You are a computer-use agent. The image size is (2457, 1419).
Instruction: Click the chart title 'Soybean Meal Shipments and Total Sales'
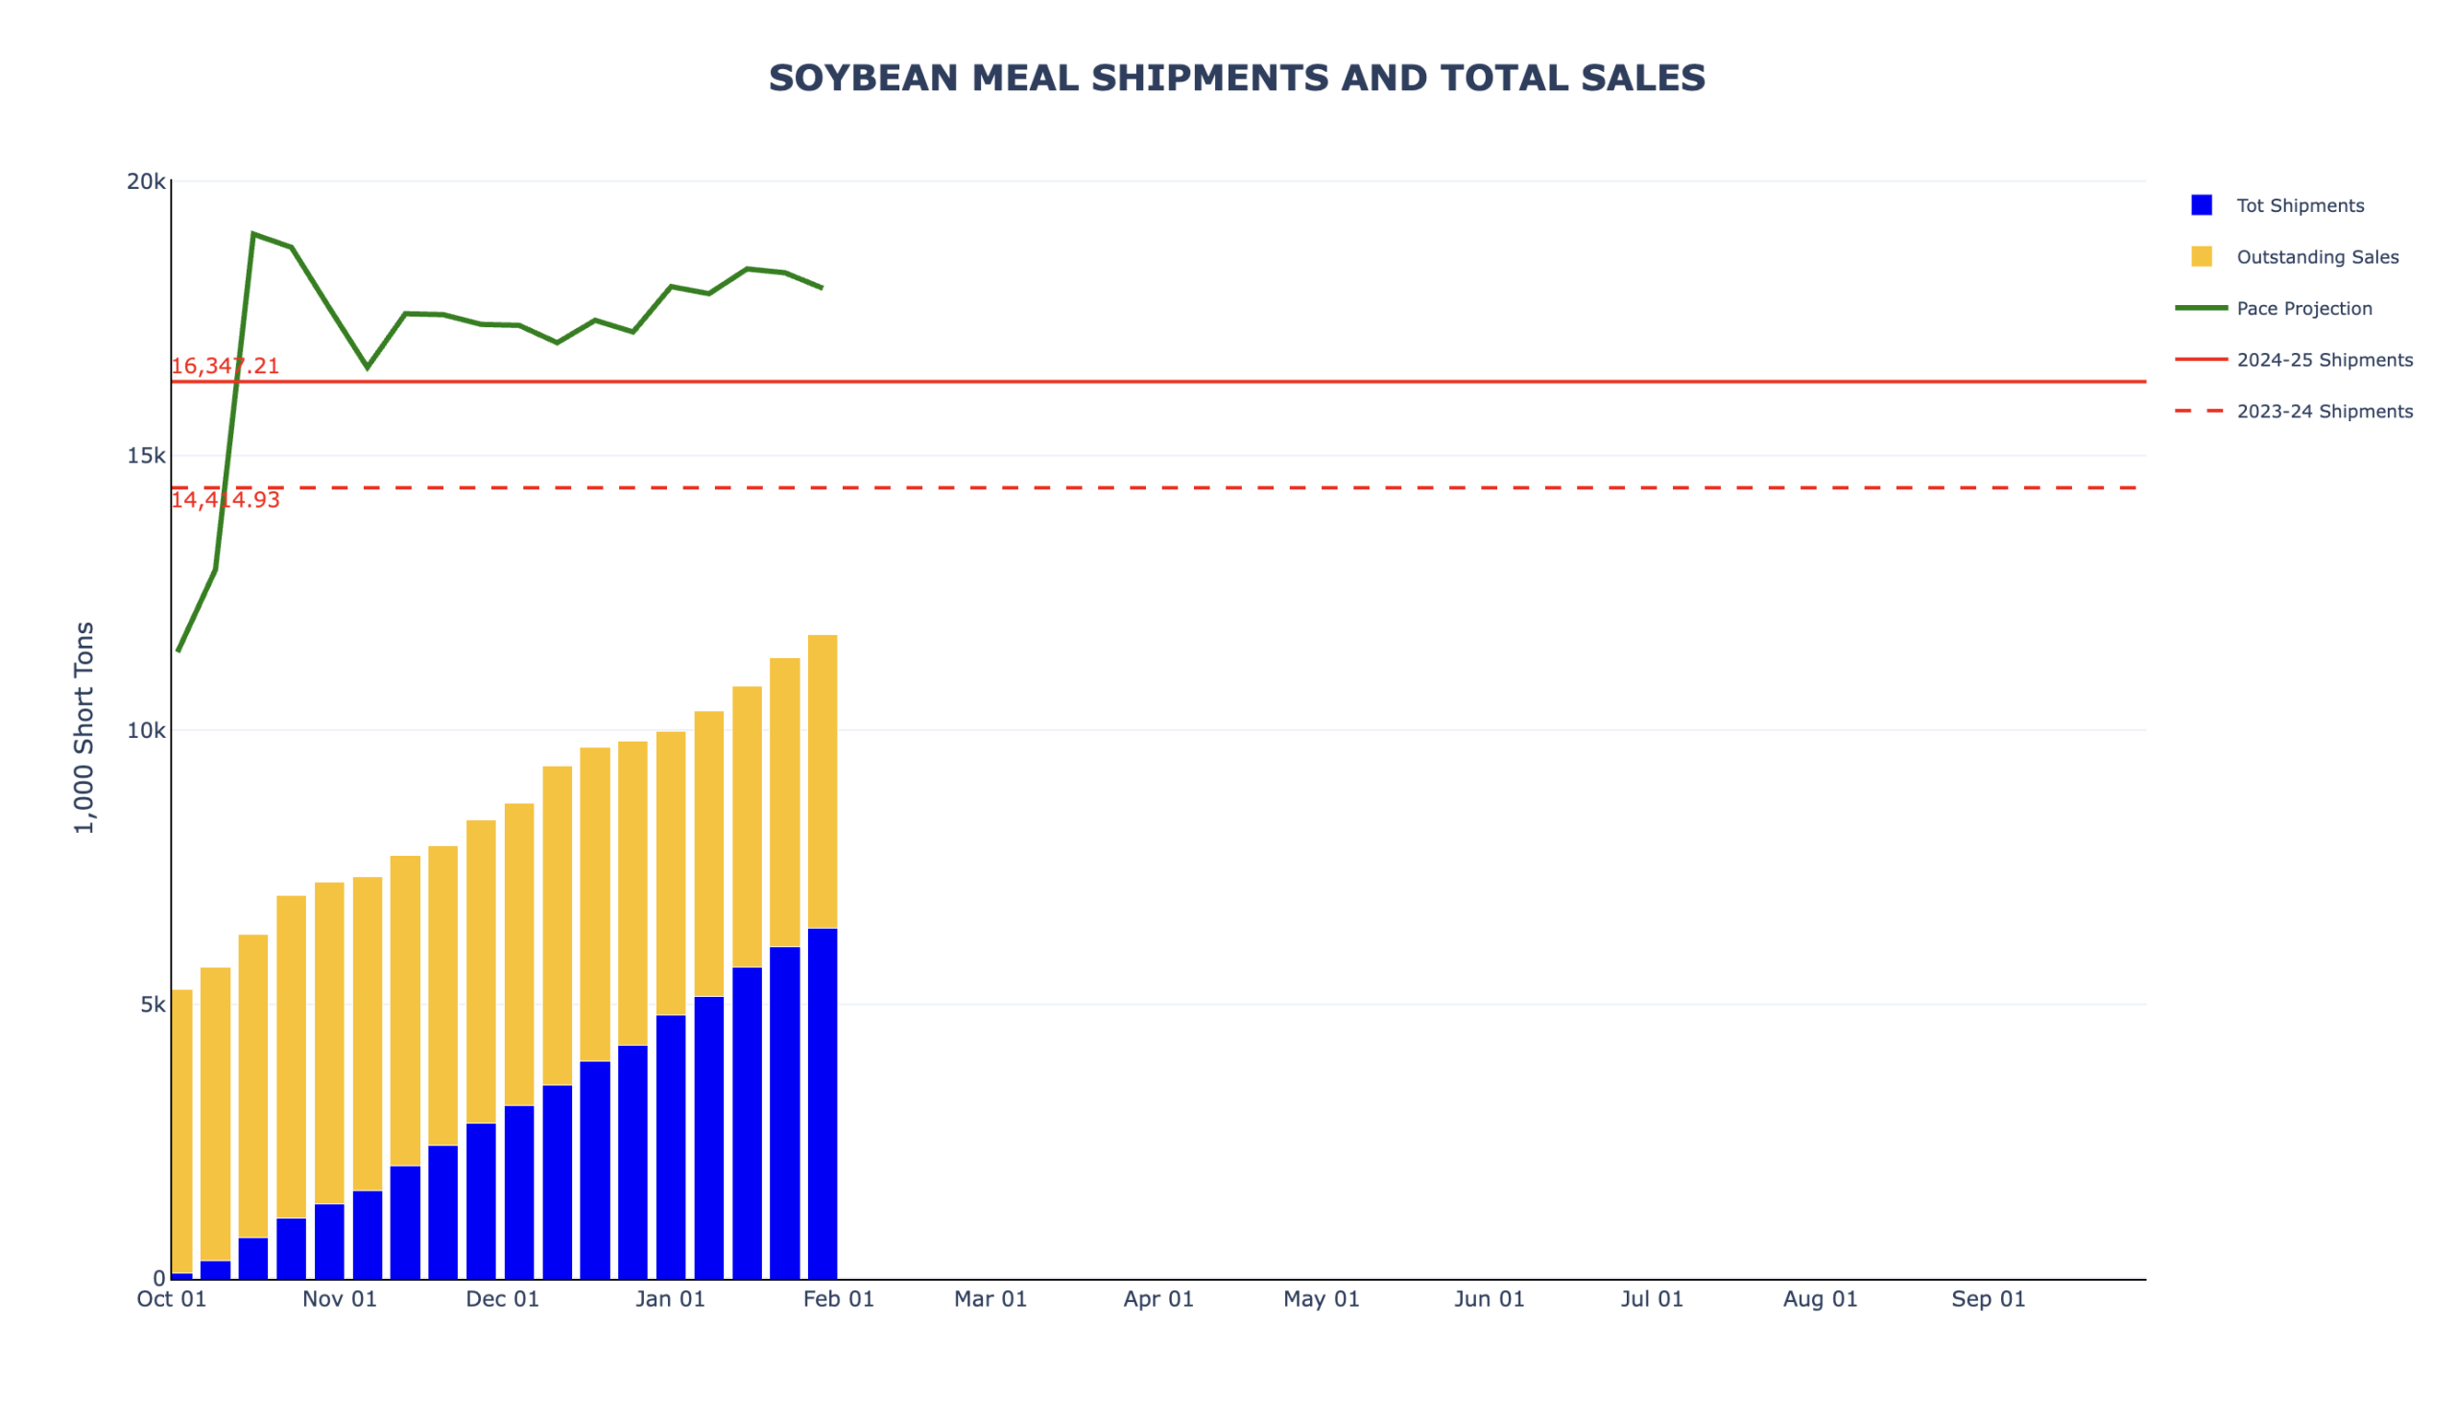pyautogui.click(x=1236, y=78)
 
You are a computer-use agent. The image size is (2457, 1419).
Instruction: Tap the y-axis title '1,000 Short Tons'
pyautogui.click(x=84, y=727)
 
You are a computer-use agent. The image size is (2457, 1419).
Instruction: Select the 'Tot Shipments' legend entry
pyautogui.click(x=2299, y=205)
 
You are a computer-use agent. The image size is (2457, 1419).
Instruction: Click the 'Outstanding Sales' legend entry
pyautogui.click(x=2317, y=257)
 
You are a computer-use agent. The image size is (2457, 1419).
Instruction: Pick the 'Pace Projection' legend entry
pyautogui.click(x=2303, y=309)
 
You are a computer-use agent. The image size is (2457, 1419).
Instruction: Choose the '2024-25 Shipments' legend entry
pyautogui.click(x=2324, y=361)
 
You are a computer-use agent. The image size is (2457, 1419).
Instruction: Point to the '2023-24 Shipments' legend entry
pyautogui.click(x=2324, y=412)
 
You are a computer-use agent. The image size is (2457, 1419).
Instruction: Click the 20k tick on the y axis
pyautogui.click(x=146, y=182)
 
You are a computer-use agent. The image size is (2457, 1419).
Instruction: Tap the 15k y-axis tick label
pyautogui.click(x=146, y=456)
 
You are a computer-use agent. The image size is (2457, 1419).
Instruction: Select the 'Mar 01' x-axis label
pyautogui.click(x=990, y=1299)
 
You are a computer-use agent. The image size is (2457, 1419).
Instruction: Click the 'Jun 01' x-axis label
pyautogui.click(x=1489, y=1299)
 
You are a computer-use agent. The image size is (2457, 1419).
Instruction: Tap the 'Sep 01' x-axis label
pyautogui.click(x=1988, y=1299)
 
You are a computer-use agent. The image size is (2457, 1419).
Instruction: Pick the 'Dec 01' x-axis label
pyautogui.click(x=502, y=1299)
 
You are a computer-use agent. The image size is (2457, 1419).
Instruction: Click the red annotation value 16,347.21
pyautogui.click(x=226, y=367)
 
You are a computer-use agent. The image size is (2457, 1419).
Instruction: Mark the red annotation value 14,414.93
pyautogui.click(x=226, y=500)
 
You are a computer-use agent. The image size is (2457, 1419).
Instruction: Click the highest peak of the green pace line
pyautogui.click(x=253, y=234)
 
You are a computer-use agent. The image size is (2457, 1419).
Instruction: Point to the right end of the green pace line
pyautogui.click(x=822, y=288)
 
